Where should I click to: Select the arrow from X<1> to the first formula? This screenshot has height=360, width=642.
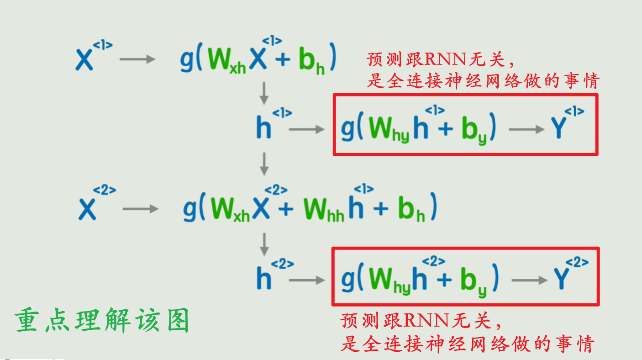[137, 59]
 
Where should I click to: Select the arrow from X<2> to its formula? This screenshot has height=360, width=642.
[140, 209]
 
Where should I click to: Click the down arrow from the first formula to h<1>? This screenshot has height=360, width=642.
[264, 94]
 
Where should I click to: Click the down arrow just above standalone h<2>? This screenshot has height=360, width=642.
[264, 244]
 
